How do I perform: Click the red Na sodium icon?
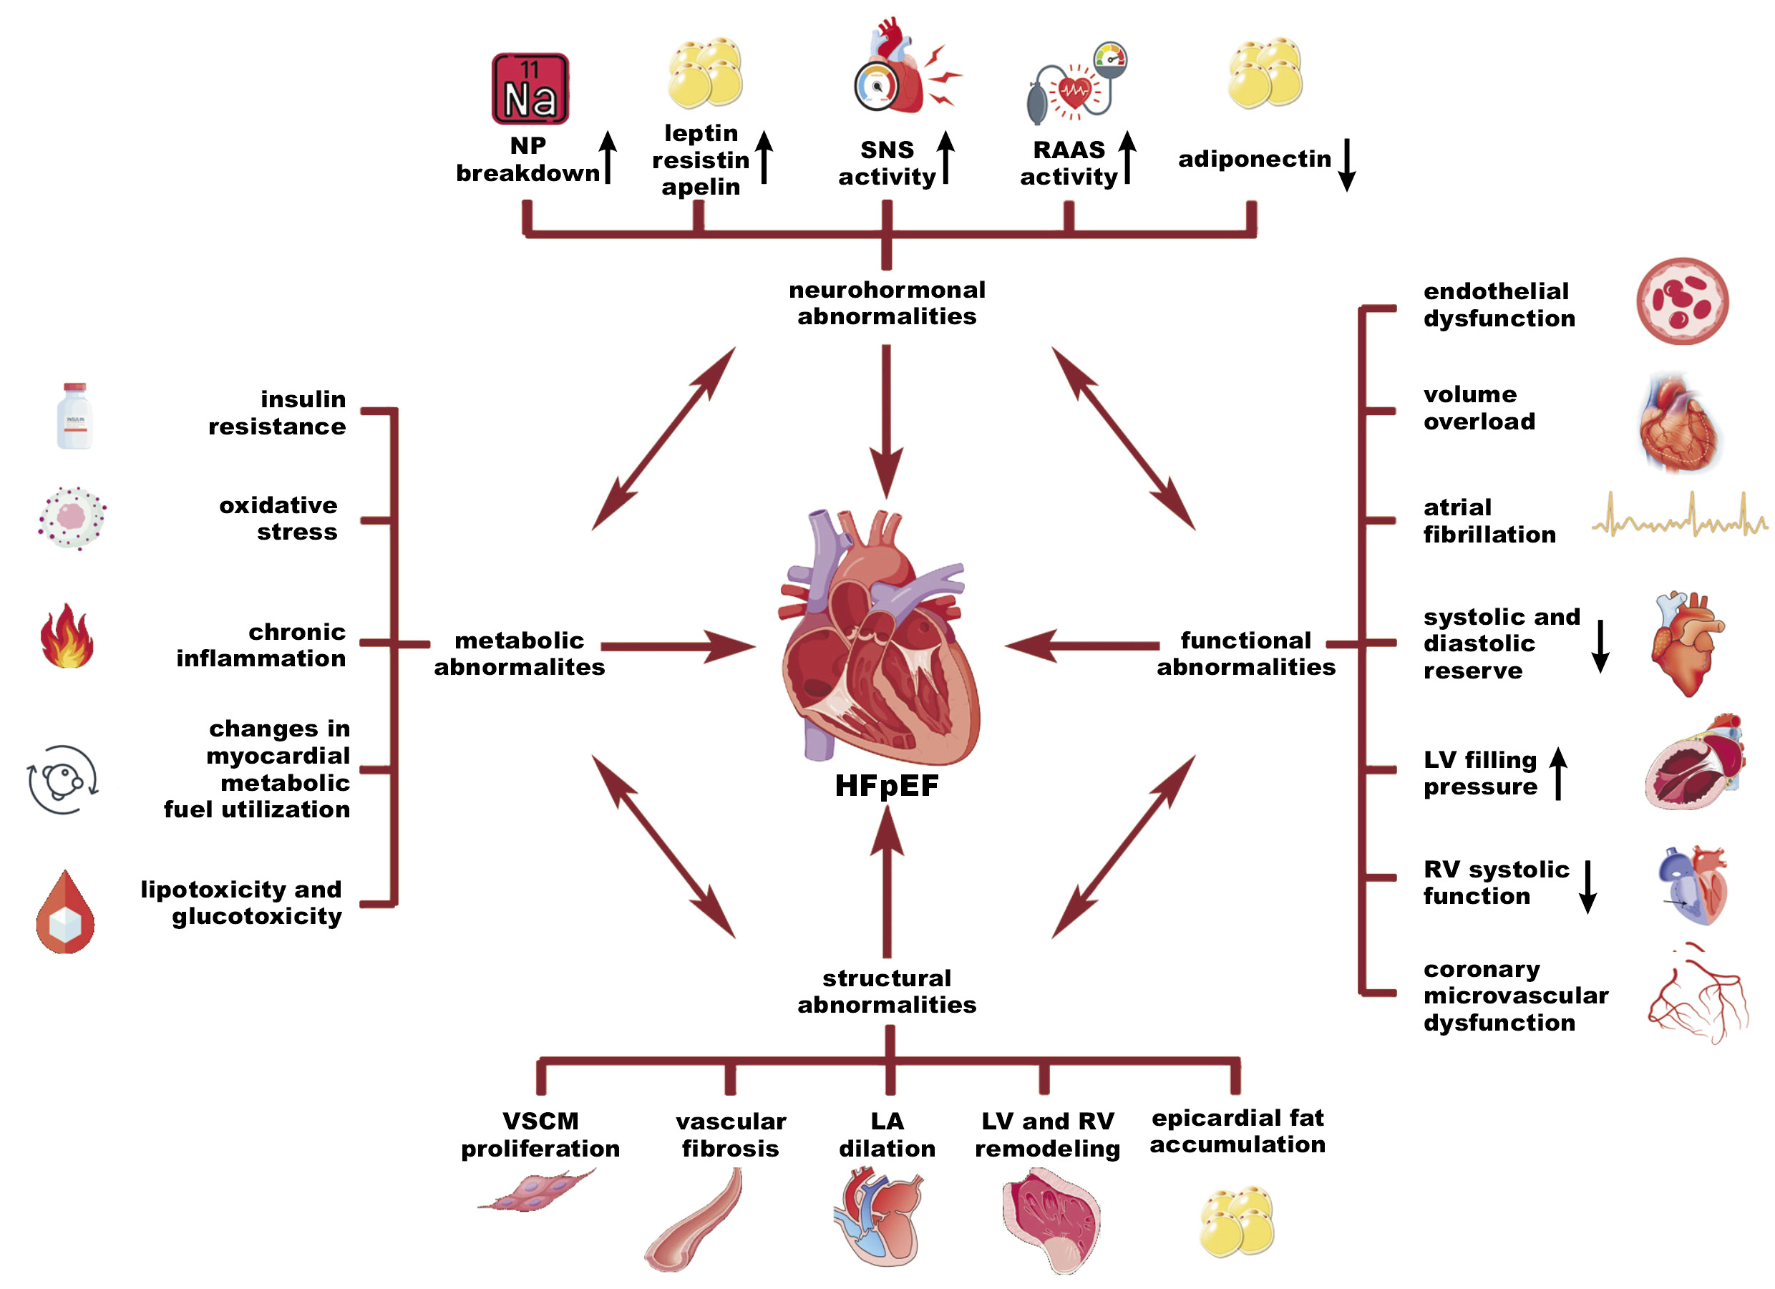coord(530,89)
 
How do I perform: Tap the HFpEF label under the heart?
coord(886,786)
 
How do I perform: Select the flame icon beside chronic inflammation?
coord(67,636)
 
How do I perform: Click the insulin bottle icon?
coord(74,416)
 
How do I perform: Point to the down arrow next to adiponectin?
coord(1346,165)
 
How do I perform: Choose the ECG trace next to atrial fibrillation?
coord(1679,517)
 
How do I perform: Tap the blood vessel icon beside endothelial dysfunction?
coord(1682,301)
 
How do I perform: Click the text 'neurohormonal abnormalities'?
coord(887,303)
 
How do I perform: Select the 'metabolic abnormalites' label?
coord(519,653)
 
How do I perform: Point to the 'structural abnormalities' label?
coord(887,991)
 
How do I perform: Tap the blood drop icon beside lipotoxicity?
coord(66,913)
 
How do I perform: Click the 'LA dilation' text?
coord(887,1135)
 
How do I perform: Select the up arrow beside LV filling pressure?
coord(1558,773)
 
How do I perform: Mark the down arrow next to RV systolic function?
coord(1588,886)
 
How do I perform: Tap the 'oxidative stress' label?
coord(278,518)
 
